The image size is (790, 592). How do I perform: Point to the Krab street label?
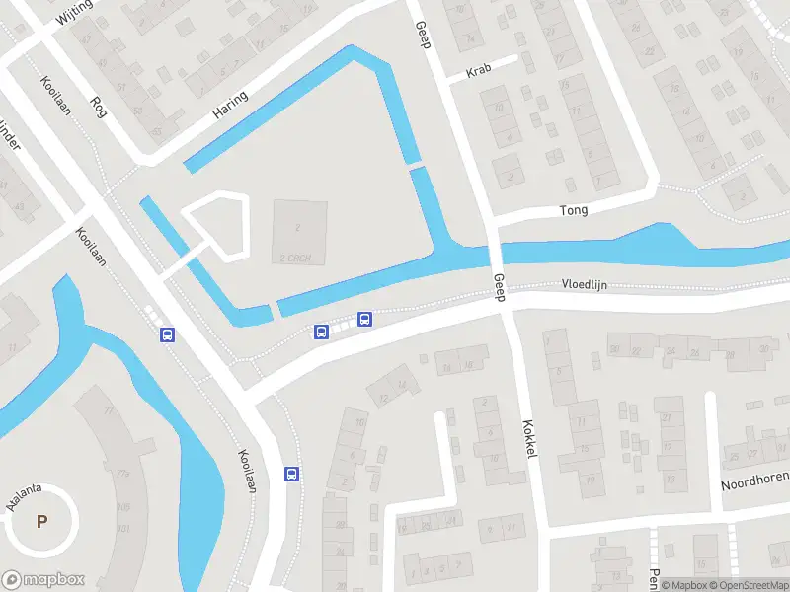pos(479,72)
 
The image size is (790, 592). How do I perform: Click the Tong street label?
pos(574,210)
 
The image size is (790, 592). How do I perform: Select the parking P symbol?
pos(41,522)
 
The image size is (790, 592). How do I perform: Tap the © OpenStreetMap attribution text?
pos(748,585)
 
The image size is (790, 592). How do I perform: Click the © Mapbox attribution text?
pos(683,585)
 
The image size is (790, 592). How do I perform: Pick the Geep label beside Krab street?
pos(423,37)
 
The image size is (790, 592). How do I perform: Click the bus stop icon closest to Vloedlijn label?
pos(364,319)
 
